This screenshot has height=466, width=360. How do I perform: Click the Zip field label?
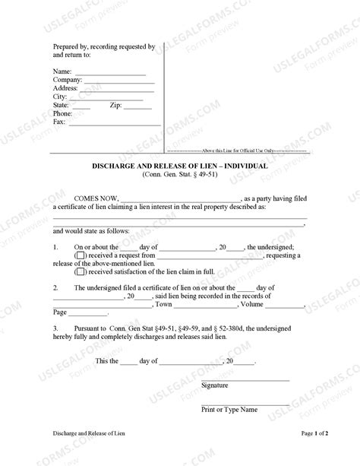click(116, 105)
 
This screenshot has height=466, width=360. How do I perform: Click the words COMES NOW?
click(105, 196)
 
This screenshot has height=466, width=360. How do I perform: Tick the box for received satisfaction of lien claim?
click(80, 272)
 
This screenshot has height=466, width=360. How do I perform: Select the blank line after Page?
click(90, 313)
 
